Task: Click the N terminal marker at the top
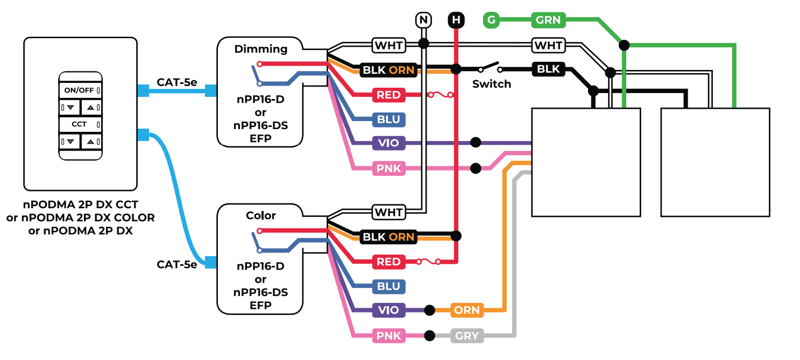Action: click(424, 20)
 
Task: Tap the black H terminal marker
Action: click(456, 20)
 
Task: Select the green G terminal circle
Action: click(491, 20)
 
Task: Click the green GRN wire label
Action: click(548, 20)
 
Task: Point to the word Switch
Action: click(491, 84)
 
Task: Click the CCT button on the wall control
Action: click(80, 124)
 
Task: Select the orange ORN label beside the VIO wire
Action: click(466, 310)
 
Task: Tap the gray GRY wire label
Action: click(466, 336)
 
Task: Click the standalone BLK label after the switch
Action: click(549, 69)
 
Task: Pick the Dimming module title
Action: click(261, 49)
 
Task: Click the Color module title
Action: click(261, 215)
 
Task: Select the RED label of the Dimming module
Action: click(388, 95)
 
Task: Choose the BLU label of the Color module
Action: click(388, 286)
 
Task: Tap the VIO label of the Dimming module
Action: click(388, 143)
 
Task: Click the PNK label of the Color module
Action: click(388, 336)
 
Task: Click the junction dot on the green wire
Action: click(624, 45)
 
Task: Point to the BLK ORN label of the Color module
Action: click(388, 236)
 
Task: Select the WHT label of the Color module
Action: click(388, 212)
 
